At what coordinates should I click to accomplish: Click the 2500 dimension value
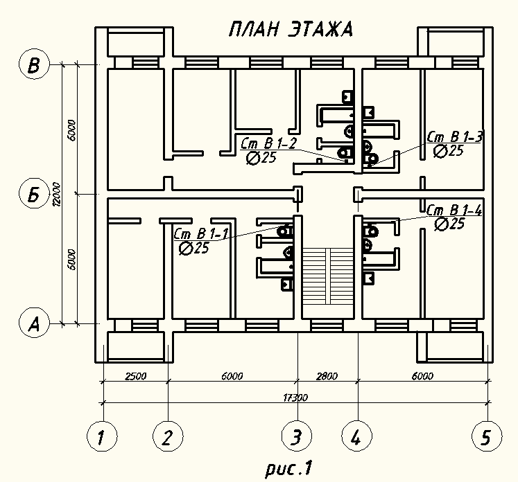[x=135, y=376]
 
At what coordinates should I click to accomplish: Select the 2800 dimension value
[x=327, y=376]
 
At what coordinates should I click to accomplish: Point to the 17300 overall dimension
[x=295, y=398]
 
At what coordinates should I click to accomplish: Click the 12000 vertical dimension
[x=57, y=194]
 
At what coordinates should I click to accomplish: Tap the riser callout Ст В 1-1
[x=201, y=234]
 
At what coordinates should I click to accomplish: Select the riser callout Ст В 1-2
[x=268, y=143]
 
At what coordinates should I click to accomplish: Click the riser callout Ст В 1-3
[x=455, y=136]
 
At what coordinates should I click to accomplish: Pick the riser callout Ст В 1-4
[x=455, y=210]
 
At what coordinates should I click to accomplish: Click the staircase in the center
[x=328, y=276]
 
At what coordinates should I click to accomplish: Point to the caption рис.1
[x=288, y=468]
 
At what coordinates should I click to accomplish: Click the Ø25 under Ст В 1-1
[x=194, y=248]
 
